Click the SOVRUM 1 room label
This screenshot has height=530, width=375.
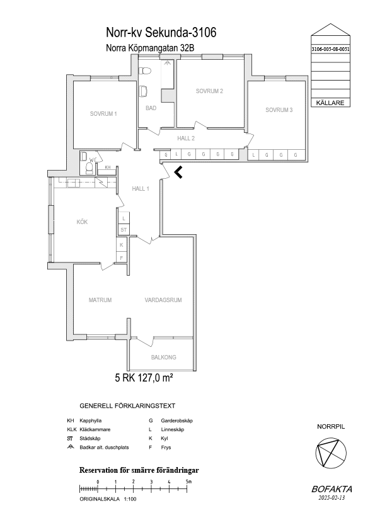103,114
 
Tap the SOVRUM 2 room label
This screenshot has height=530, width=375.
209,91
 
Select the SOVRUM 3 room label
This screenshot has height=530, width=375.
279,110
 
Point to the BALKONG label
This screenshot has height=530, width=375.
163,358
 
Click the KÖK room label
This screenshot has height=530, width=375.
82,222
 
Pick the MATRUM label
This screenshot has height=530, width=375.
100,300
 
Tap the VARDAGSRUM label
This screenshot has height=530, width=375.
163,300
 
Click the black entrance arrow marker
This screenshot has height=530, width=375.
178,172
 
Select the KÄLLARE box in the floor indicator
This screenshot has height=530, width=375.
330,103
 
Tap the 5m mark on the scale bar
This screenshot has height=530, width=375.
187,488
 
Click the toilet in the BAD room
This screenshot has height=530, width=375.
146,71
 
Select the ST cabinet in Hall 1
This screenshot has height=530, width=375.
124,230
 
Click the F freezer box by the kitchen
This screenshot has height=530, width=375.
122,258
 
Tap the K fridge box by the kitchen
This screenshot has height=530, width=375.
122,245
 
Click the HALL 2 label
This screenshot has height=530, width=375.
186,138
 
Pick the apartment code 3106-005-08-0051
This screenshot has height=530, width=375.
330,49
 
